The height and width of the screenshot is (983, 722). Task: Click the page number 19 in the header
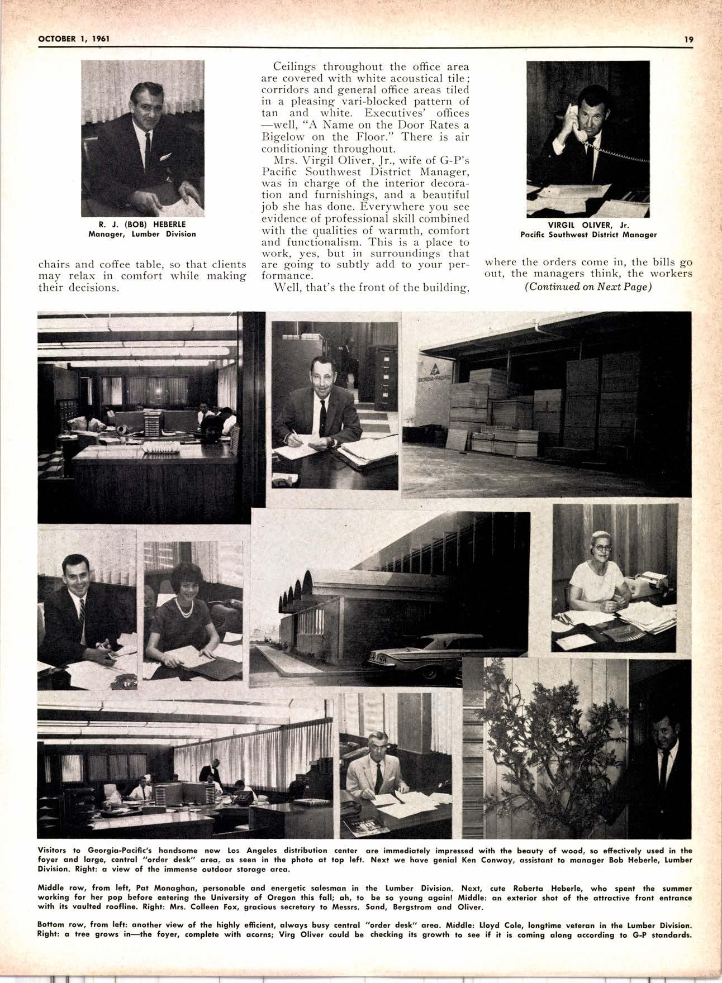coord(688,39)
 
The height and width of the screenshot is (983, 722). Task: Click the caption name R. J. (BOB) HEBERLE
coord(142,225)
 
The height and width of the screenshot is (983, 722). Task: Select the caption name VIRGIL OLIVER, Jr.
coord(588,226)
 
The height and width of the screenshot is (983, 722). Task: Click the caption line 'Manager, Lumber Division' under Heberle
coord(142,234)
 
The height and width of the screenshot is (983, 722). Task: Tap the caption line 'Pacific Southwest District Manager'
coord(588,235)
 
